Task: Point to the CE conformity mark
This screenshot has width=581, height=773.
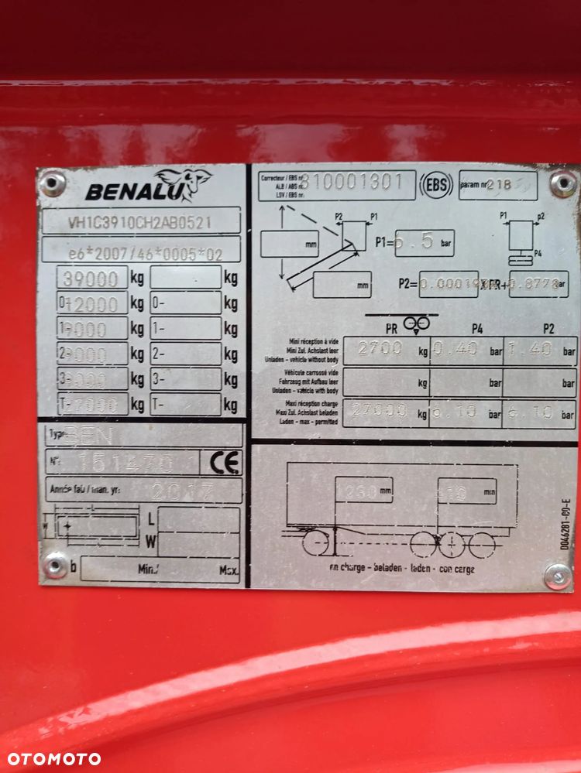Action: click(x=221, y=462)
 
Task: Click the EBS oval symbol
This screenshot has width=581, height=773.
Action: click(x=437, y=185)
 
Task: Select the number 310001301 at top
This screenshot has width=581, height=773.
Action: click(x=352, y=182)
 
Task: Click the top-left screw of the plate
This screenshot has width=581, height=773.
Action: click(x=52, y=183)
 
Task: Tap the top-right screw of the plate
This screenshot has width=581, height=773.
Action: click(x=563, y=183)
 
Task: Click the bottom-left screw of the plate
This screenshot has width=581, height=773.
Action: click(x=55, y=564)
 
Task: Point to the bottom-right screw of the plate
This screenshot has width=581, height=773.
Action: click(x=558, y=576)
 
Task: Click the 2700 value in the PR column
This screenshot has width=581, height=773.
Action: click(x=380, y=350)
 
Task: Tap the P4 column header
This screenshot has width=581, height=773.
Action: click(x=476, y=329)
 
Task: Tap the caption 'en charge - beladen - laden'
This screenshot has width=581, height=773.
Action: click(x=401, y=569)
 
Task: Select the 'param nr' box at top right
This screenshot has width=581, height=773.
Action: click(x=497, y=186)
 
